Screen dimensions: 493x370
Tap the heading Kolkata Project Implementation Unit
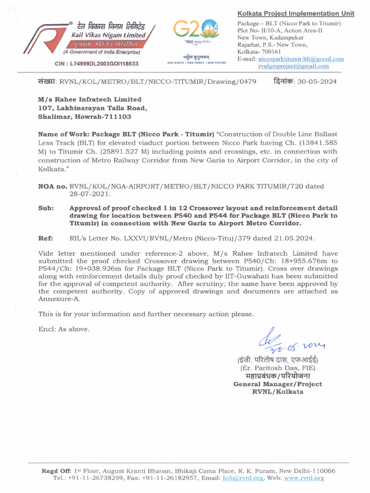[x=296, y=13]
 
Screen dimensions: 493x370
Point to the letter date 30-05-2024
[x=317, y=81]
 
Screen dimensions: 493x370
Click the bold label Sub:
[x=45, y=208]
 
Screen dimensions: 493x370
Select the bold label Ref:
[x=45, y=238]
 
